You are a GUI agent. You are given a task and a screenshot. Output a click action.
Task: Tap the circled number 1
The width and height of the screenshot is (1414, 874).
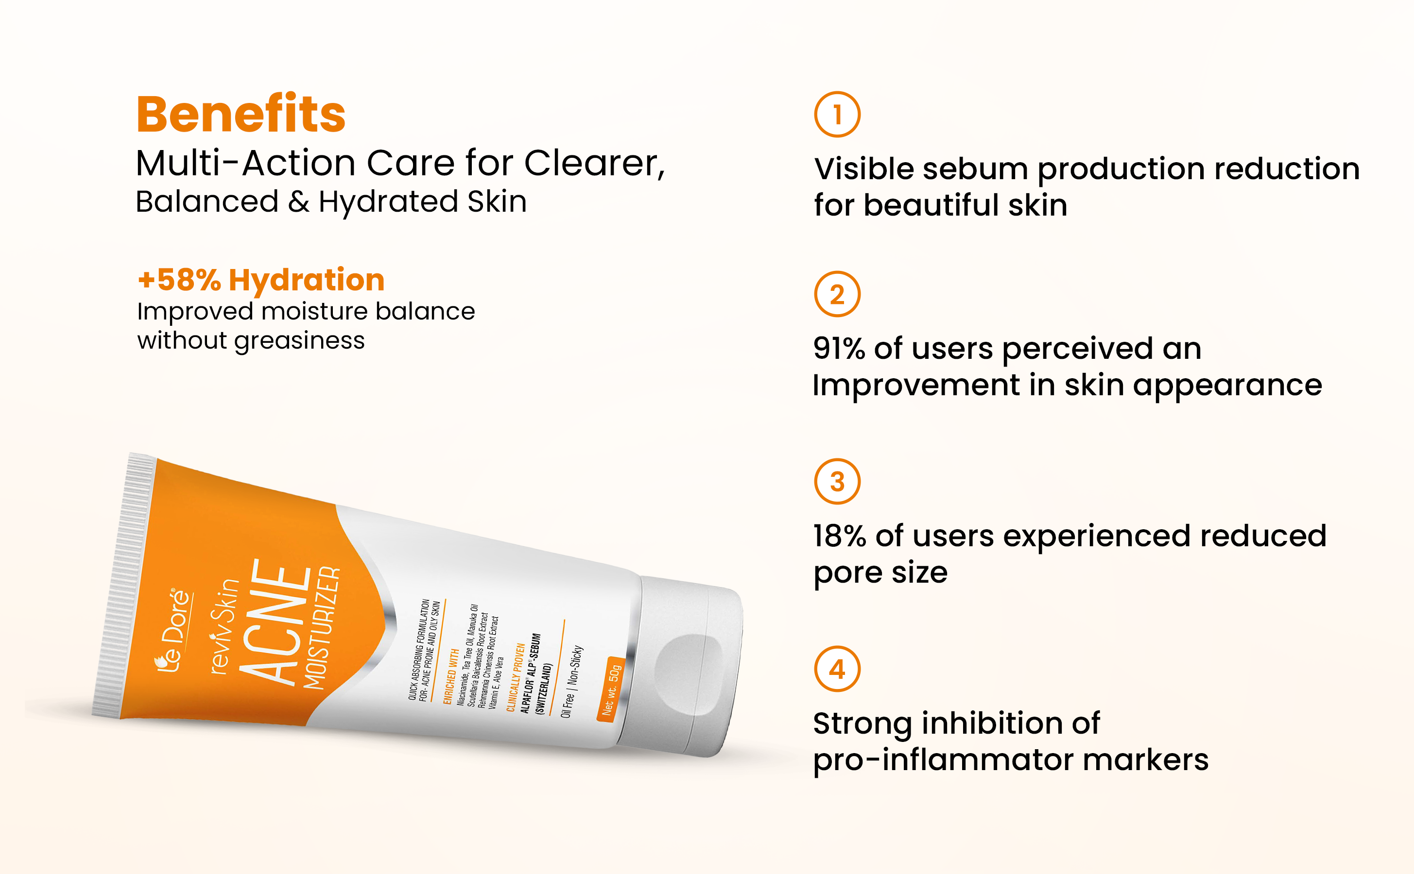tap(837, 115)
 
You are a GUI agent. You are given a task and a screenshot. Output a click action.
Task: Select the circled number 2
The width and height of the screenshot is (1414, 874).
tap(837, 294)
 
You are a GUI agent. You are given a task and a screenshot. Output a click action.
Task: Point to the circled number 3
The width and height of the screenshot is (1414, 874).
tap(837, 482)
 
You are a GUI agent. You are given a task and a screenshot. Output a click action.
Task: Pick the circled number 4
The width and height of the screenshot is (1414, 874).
tap(837, 669)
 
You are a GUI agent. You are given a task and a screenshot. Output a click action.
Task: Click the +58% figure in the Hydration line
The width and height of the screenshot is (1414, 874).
tap(179, 280)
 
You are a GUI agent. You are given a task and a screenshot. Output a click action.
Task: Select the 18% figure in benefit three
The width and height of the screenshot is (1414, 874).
tap(840, 536)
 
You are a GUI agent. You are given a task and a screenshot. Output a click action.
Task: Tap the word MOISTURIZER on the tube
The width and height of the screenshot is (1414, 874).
tap(322, 628)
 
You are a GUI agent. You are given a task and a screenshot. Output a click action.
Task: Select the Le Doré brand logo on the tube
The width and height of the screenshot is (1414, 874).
tap(173, 630)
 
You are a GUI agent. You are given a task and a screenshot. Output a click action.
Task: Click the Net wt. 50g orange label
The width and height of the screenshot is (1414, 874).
tap(611, 689)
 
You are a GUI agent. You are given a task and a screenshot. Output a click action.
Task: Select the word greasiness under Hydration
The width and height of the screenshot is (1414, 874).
tap(300, 341)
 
